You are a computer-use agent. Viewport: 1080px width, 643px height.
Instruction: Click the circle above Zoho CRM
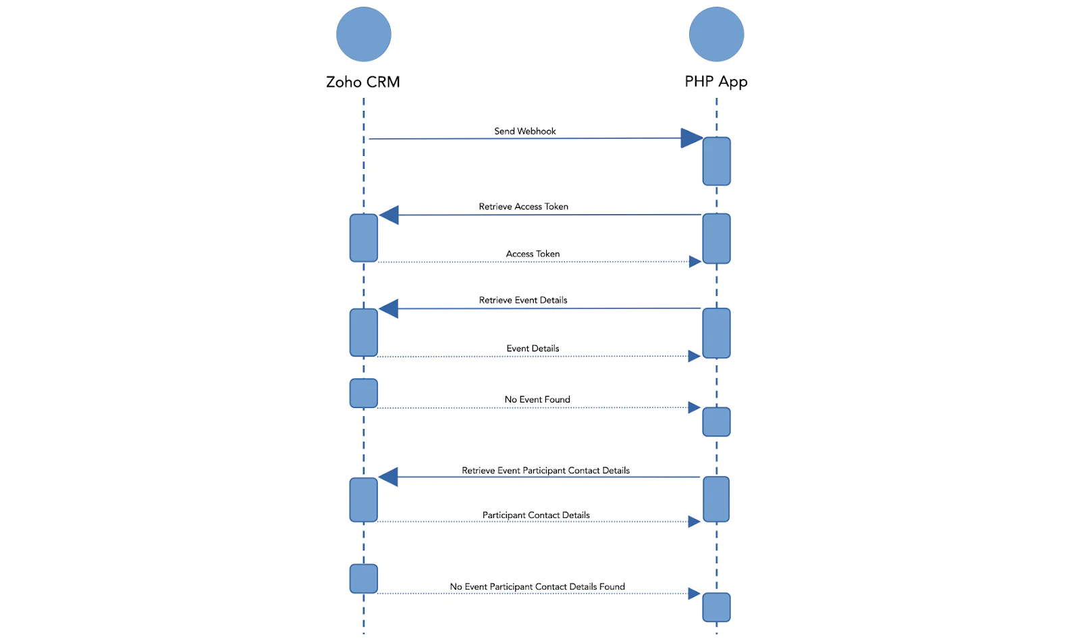[363, 34]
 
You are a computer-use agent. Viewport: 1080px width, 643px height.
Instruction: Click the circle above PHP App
[716, 34]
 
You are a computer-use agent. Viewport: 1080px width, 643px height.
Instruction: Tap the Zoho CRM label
[362, 82]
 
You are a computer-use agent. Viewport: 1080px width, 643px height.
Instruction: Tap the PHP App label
[715, 82]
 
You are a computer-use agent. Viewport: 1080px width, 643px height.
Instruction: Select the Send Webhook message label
[524, 131]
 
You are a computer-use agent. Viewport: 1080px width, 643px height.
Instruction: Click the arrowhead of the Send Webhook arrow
[692, 138]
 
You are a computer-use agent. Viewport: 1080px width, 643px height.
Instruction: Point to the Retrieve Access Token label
[523, 207]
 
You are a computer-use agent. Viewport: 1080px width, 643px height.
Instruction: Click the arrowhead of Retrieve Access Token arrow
[389, 215]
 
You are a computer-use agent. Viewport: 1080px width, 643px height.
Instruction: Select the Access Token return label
[533, 254]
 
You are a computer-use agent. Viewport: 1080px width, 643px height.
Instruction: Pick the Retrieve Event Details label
[523, 300]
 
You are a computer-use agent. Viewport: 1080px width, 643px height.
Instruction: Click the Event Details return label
[533, 349]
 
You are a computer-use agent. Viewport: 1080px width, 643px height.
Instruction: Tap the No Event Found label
[537, 400]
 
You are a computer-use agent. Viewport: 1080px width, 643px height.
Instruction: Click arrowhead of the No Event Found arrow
[694, 407]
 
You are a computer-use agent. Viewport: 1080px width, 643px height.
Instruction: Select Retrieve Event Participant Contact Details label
[545, 471]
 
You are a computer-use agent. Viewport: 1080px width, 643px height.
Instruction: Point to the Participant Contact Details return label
[536, 515]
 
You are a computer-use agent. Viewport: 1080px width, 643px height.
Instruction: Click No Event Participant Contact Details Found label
[537, 587]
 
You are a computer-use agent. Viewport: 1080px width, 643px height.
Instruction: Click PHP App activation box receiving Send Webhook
[716, 161]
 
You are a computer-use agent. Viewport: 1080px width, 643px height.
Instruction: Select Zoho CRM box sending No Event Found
[363, 393]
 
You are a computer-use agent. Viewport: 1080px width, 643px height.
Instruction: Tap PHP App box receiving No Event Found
[716, 422]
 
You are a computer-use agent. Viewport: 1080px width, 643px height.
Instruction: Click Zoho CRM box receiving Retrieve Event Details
[363, 332]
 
